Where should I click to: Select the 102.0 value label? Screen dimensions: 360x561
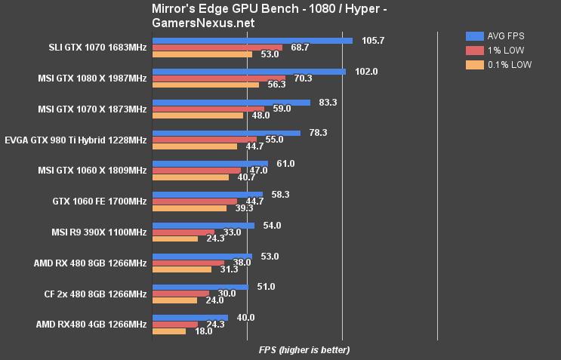[368, 72]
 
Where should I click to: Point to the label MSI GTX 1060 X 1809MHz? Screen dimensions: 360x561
[92, 171]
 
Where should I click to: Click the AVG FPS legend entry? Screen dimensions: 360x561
[499, 35]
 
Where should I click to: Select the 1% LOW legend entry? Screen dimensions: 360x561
[496, 50]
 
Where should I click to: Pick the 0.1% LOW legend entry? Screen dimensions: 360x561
[499, 65]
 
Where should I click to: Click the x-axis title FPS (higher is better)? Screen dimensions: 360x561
[304, 350]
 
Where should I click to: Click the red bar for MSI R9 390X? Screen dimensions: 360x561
[183, 232]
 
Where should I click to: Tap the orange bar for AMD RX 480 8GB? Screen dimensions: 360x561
[182, 269]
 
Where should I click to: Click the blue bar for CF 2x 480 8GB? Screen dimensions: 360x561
[200, 287]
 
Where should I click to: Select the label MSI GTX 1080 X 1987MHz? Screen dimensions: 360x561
[92, 78]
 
